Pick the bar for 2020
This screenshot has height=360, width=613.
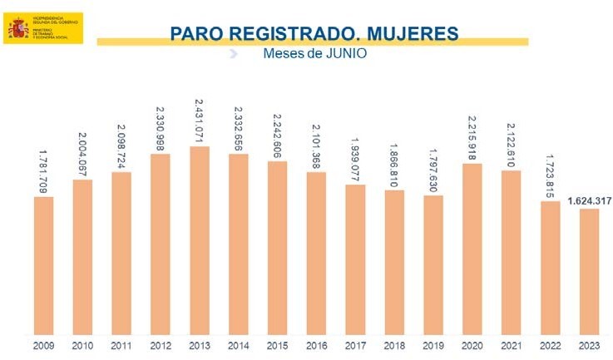click(472, 249)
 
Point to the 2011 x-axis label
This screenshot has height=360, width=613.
click(122, 346)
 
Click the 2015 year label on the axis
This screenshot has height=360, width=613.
click(278, 346)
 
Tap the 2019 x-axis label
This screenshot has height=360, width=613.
click(433, 346)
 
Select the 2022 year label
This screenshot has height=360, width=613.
click(550, 346)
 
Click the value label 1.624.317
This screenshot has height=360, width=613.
click(588, 200)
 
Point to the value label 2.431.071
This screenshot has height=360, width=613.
click(199, 121)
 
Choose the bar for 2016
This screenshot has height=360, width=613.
click(316, 254)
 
